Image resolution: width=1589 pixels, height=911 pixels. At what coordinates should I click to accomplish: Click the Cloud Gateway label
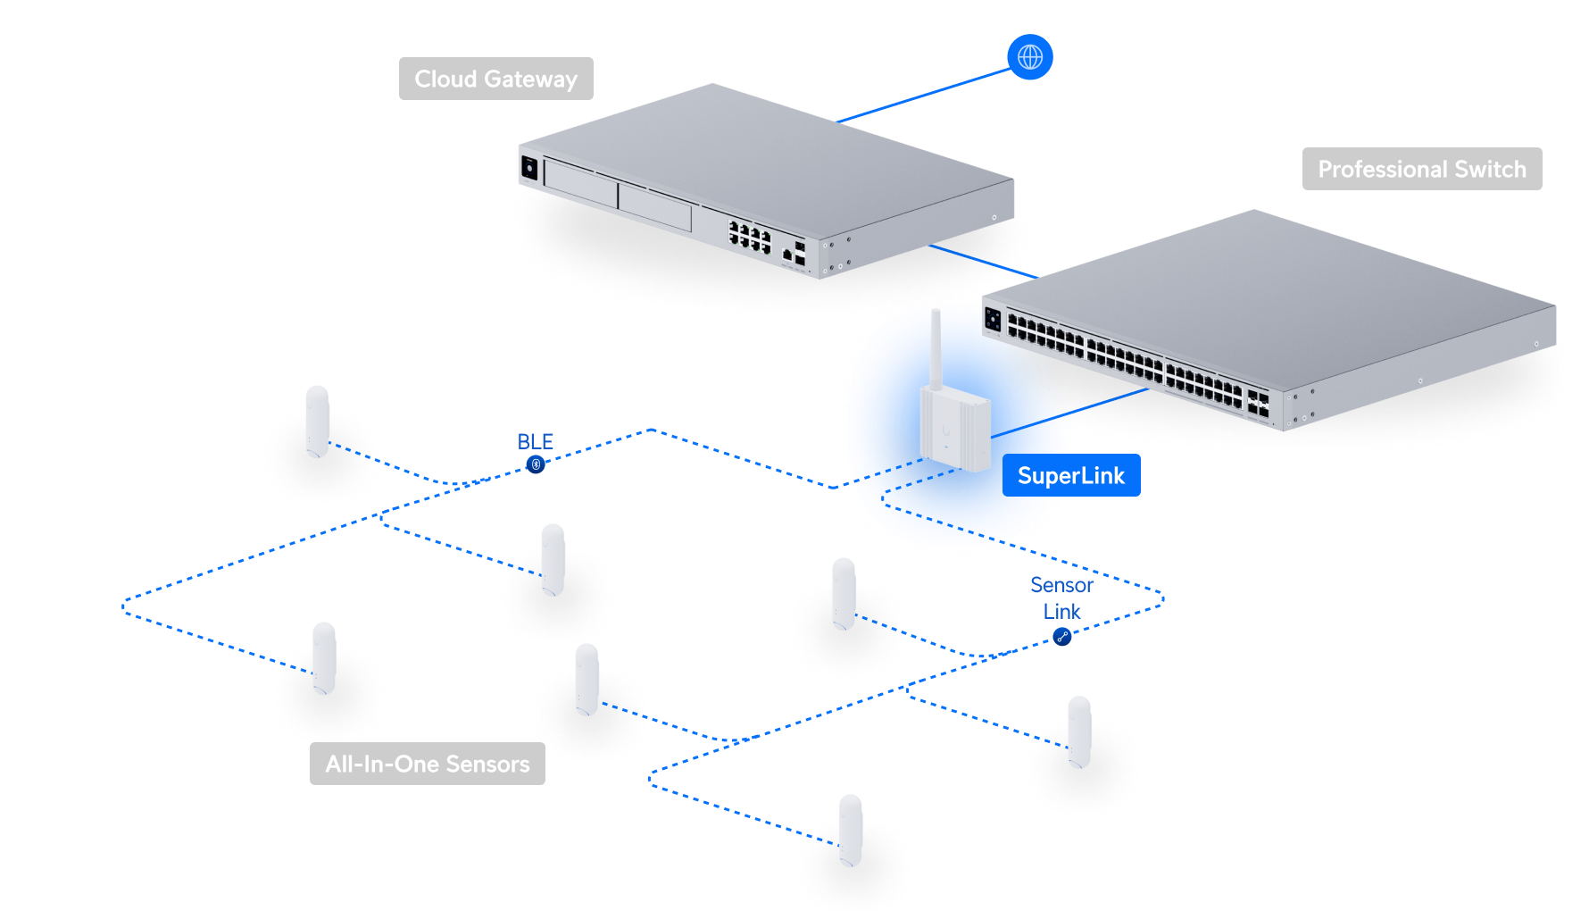coord(495,79)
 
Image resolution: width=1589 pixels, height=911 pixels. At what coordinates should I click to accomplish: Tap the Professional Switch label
coord(1421,169)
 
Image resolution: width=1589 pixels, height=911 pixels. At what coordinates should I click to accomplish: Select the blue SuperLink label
coord(1070,476)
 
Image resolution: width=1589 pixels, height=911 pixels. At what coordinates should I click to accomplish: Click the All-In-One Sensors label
coord(427,764)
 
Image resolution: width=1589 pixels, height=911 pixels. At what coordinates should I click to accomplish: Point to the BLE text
coord(536,441)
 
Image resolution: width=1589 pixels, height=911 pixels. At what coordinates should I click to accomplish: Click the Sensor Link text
coord(1061,598)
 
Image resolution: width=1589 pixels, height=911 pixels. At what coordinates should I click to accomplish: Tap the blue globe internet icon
coord(1030,57)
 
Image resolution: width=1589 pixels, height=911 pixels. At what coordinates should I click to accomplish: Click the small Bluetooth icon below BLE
coord(536,464)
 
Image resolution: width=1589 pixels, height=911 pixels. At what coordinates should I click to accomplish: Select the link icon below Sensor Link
coord(1061,636)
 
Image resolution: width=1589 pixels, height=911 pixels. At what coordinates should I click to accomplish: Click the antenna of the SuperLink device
coord(936,348)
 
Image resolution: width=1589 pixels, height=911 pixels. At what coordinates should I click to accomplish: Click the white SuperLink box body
coord(953,429)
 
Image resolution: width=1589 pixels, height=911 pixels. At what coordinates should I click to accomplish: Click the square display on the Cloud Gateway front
coord(528,167)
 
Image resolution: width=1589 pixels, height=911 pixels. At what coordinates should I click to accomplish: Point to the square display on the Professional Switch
coord(993,318)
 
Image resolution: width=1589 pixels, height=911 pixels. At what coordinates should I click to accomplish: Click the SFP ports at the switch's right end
coord(1259,403)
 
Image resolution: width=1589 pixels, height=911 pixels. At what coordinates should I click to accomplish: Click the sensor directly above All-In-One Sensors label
coord(324,658)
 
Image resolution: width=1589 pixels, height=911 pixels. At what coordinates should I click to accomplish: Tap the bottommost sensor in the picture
coord(850,831)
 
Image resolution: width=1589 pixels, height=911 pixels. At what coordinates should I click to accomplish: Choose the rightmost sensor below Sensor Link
coord(1079,731)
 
